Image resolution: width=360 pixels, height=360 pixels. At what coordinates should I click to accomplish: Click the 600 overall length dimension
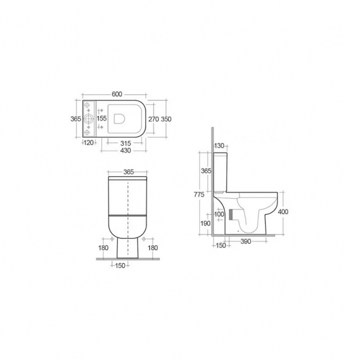click(117, 94)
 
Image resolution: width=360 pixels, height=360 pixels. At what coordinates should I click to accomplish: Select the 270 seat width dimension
click(153, 119)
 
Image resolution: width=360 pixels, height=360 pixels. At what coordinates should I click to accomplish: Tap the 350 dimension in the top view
click(166, 119)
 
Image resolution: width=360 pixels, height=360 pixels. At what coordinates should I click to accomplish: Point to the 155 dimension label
click(102, 118)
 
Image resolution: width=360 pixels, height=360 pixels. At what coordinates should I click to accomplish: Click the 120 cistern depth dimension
click(89, 143)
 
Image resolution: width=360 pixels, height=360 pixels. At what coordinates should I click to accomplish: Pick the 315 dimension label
click(125, 144)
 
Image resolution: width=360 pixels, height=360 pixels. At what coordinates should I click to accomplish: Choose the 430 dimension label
click(125, 151)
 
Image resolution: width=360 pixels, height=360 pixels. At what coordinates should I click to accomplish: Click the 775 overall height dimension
click(199, 195)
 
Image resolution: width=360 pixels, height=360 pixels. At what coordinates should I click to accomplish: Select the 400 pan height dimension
click(283, 211)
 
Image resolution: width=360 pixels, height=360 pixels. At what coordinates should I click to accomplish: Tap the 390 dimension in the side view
click(246, 242)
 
